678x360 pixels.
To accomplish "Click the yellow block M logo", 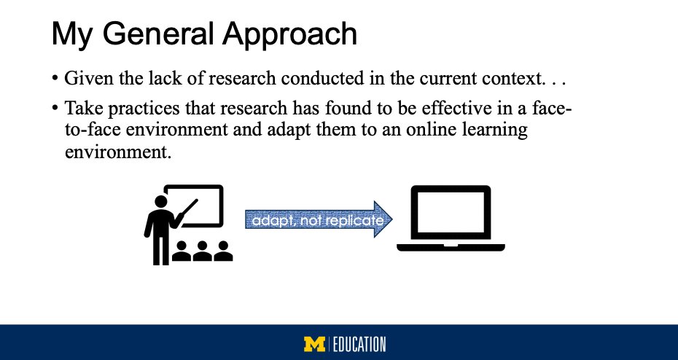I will (315, 344).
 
